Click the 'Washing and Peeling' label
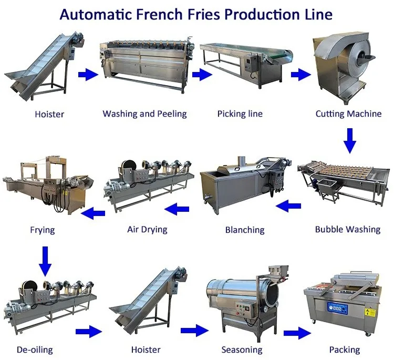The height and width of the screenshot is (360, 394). [144, 114]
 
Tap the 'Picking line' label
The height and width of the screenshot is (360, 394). [240, 114]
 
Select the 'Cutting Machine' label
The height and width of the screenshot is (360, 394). [348, 114]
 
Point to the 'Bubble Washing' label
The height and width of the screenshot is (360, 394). [347, 230]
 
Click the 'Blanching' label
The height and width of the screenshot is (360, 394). [244, 230]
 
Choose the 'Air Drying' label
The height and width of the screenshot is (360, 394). [147, 229]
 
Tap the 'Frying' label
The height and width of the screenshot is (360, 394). [42, 230]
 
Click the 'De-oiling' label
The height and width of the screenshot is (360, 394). [35, 349]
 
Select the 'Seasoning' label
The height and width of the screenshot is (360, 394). [242, 349]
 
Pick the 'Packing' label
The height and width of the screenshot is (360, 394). [345, 349]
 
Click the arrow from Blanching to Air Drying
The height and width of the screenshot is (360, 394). [177, 210]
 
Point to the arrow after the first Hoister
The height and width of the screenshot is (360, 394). [88, 75]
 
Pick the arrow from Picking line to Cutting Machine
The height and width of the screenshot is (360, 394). [300, 75]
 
